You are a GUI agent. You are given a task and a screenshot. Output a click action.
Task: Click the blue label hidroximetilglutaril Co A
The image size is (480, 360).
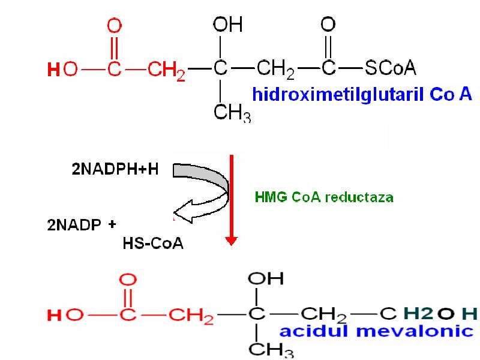(362, 94)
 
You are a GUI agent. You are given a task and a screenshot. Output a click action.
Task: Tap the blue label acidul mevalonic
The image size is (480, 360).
(377, 331)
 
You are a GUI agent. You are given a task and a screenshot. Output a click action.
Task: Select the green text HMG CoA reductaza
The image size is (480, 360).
(324, 197)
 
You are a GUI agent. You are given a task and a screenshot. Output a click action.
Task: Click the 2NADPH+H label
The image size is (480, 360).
(115, 169)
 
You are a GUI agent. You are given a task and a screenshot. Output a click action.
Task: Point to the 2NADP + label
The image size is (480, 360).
(82, 224)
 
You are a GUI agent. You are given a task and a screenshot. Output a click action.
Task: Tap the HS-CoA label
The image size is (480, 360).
(153, 244)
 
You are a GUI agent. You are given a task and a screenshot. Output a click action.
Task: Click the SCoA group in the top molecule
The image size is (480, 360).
(391, 68)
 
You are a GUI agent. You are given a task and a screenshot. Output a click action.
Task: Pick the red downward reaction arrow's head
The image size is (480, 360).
(232, 241)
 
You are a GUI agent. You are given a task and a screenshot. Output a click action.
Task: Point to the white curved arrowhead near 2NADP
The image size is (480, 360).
(184, 212)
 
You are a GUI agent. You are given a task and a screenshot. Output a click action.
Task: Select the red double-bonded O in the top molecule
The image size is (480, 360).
(115, 26)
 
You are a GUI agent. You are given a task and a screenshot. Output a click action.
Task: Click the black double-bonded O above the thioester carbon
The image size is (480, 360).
(328, 25)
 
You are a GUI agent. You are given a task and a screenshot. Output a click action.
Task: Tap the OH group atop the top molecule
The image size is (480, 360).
(228, 25)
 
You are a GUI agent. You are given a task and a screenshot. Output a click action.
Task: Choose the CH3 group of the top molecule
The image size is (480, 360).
(232, 113)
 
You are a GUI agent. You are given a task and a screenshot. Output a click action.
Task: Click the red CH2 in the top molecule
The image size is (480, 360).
(166, 70)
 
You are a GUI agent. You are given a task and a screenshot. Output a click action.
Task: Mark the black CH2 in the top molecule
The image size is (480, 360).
(275, 70)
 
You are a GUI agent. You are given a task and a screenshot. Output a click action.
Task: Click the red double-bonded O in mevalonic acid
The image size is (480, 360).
(128, 280)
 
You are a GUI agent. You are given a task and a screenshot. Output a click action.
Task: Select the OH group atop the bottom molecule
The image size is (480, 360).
(266, 278)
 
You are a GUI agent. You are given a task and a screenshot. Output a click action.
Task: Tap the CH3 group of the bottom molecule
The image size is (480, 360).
(271, 350)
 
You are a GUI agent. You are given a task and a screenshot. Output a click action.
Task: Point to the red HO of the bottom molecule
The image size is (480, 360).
(65, 315)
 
